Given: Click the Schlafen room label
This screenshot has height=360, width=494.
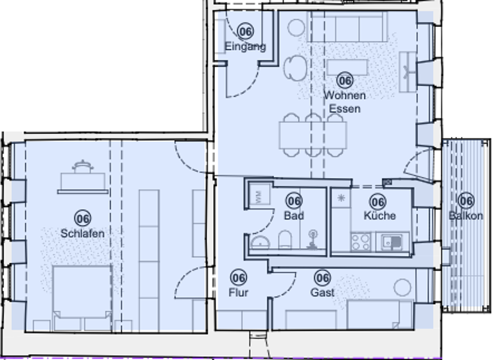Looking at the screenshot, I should click(82, 233).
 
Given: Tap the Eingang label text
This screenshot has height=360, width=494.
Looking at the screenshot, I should click(245, 46).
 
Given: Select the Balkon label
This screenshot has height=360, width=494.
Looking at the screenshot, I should click(466, 216).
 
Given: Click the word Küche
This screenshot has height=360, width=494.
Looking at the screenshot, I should click(380, 215).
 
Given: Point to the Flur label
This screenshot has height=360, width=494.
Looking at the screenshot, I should click(238, 292).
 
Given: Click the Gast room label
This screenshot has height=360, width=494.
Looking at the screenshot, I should click(322, 292).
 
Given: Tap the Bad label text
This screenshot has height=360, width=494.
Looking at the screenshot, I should click(294, 216).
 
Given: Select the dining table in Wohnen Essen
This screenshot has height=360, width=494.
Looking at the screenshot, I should click(313, 134).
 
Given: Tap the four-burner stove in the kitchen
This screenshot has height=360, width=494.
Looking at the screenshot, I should click(360, 241).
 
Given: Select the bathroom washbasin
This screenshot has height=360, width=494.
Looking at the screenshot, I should click(261, 241).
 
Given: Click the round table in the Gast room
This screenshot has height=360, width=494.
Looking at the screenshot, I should click(403, 287).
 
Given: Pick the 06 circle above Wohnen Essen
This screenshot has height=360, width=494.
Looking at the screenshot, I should click(345, 80).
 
